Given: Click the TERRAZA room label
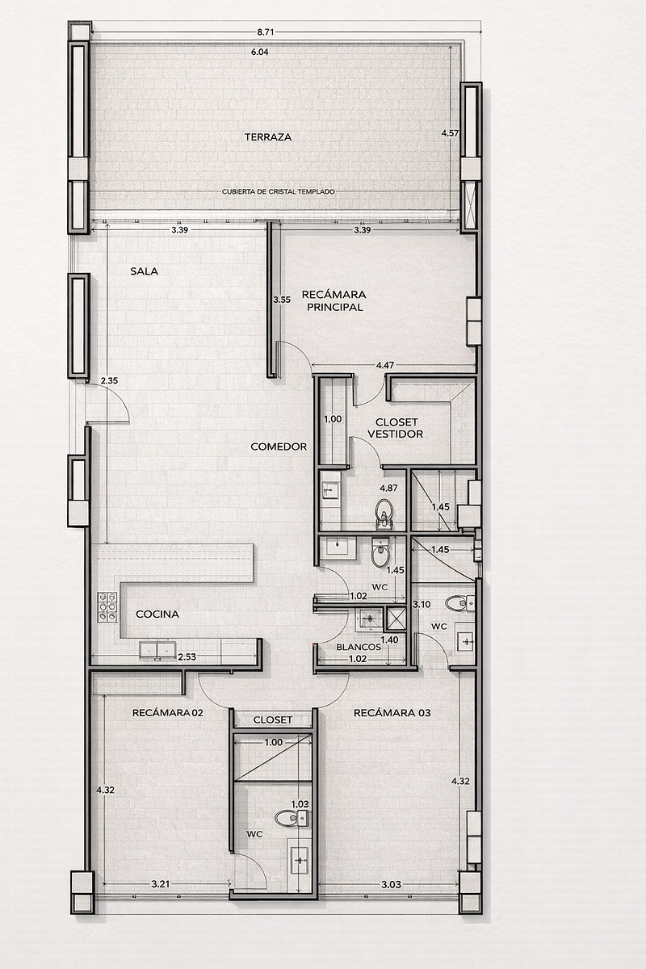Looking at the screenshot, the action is point(268,137).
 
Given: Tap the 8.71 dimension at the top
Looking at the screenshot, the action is point(265,32).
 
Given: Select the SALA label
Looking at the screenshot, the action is point(144,271).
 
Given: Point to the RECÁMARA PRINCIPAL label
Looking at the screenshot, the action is point(334,300).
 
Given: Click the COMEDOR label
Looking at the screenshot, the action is point(279,447).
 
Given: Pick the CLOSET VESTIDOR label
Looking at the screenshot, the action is point(395,428).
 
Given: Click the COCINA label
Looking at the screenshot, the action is point(157,615).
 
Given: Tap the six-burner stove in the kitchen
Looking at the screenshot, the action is point(107,607).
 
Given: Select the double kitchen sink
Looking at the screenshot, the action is point(157,650).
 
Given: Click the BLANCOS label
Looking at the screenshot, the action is point(359,647).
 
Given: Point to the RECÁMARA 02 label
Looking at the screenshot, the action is point(168,713).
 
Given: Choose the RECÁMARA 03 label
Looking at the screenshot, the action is point(392,713).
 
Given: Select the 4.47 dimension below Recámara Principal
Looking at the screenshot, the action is point(385,365).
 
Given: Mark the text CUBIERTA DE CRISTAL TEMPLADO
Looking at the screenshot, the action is point(279,191).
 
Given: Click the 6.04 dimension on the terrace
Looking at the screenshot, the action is point(260,52).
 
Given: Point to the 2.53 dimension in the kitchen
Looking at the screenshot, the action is point(187,656).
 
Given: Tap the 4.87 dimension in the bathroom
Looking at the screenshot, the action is point(388,488).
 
